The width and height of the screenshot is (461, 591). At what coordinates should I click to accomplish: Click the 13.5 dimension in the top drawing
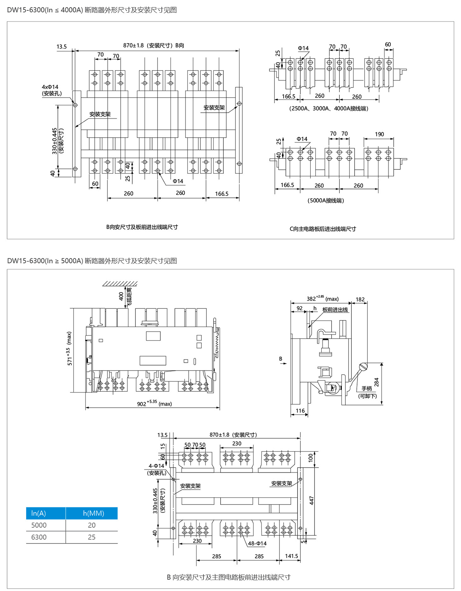tap(61, 46)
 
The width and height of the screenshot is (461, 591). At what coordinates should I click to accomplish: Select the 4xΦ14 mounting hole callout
tap(50, 87)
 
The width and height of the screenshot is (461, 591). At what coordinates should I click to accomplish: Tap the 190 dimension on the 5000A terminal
tap(379, 134)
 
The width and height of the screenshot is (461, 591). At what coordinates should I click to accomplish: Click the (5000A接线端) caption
tap(326, 200)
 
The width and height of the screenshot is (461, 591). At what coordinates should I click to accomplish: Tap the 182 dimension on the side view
tap(360, 299)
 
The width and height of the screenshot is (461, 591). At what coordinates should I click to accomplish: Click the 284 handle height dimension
tap(377, 382)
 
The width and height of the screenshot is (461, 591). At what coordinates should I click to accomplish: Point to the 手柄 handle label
tap(367, 389)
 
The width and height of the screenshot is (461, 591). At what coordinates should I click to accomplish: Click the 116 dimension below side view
tap(300, 411)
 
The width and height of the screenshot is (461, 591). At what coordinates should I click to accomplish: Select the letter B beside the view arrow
tap(281, 358)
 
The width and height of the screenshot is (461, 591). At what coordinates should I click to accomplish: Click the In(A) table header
tap(39, 513)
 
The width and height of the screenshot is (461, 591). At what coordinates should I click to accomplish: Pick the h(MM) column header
tap(93, 513)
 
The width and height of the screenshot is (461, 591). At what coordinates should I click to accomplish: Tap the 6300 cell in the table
tap(39, 537)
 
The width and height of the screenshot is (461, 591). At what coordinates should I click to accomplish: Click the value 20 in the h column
tap(91, 525)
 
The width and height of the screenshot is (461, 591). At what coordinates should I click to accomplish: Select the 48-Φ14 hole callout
tap(257, 543)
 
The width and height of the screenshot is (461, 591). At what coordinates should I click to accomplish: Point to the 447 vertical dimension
tap(311, 500)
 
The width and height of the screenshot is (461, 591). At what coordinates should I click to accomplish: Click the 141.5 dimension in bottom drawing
tap(291, 556)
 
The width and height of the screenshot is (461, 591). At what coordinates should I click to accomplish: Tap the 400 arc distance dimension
tap(121, 296)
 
